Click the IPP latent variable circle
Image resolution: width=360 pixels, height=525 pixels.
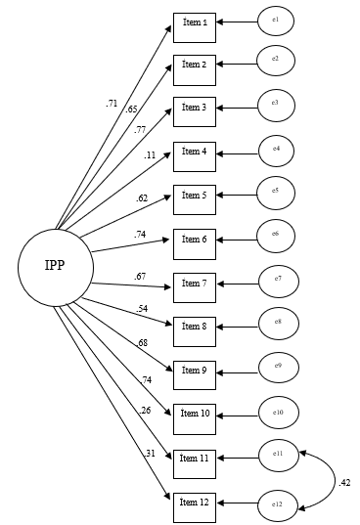(56, 267)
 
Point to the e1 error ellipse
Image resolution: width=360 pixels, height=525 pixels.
(275, 21)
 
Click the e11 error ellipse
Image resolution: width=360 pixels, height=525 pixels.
(277, 454)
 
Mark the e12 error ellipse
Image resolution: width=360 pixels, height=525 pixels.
(277, 504)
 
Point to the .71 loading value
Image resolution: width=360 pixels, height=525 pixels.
(112, 102)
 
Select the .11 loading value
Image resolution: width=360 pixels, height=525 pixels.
(149, 154)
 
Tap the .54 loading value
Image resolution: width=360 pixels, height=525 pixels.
(143, 309)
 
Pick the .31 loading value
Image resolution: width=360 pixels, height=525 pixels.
(150, 453)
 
